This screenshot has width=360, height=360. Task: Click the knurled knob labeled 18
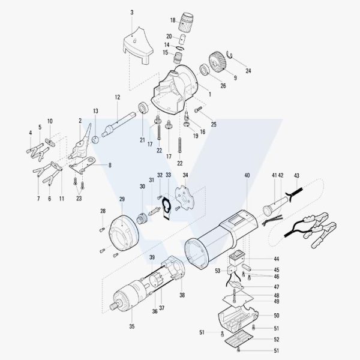pos(186,22)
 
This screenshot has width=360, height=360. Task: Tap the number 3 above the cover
pos(132,13)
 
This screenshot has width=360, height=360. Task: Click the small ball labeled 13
pos(95,139)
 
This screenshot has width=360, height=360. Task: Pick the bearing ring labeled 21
pos(144,107)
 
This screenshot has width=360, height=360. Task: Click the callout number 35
pos(132,326)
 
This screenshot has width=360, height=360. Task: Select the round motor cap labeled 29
pos(124,233)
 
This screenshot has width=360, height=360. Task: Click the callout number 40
pos(247,175)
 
